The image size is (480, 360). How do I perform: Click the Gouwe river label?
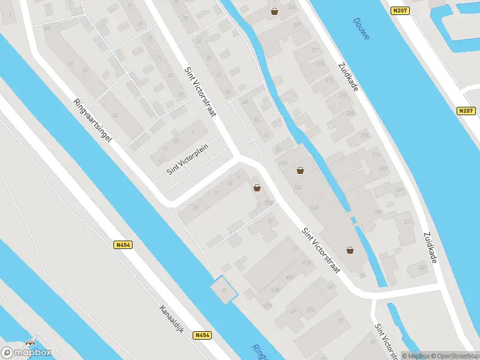[x=362, y=28]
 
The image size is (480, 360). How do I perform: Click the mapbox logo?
[x=26, y=353]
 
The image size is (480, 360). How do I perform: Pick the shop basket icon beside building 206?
[x=274, y=11]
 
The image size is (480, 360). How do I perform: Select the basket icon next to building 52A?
[x=300, y=170]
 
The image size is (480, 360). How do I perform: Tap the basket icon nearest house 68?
[x=257, y=188]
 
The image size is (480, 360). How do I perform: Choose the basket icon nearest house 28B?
[x=350, y=250]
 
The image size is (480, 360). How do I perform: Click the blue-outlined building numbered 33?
[x=223, y=290]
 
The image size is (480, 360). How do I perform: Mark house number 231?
[x=408, y=222]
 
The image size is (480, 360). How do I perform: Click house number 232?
[x=421, y=268]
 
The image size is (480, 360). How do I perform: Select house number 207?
[x=297, y=25]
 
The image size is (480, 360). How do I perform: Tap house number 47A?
[x=311, y=310]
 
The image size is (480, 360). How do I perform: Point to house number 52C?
[x=314, y=208]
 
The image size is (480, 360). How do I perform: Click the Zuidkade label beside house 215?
[x=348, y=77]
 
